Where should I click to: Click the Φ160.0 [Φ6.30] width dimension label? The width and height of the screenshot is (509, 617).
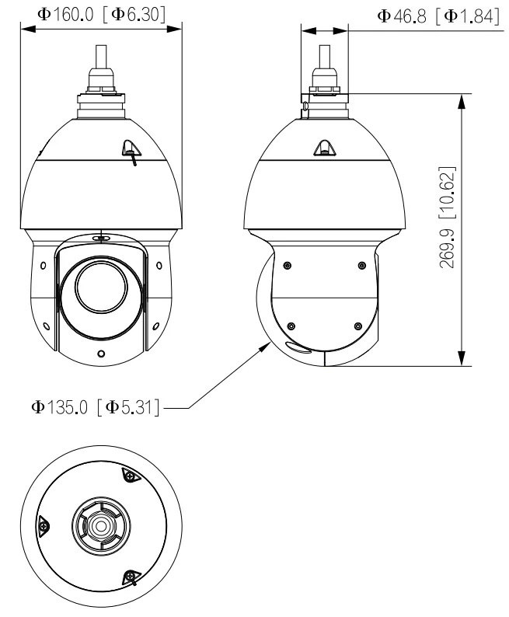point(100,14)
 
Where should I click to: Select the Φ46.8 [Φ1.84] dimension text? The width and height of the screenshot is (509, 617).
point(438,16)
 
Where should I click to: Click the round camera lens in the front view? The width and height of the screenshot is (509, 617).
point(100,287)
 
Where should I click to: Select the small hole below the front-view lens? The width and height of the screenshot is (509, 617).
point(100,354)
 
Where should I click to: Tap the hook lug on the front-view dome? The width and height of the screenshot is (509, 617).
point(131,148)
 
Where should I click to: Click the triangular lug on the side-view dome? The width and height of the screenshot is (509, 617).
point(323,146)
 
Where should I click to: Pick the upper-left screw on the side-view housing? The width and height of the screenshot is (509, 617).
point(288,266)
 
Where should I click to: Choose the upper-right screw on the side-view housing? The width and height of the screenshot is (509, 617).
point(361,266)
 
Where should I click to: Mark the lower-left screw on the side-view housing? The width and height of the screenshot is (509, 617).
point(292,326)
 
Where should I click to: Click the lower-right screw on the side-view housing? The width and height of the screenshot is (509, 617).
point(357,326)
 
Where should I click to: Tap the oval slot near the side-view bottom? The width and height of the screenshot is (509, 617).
point(296,349)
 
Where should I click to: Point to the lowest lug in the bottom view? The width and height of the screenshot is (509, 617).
point(128,576)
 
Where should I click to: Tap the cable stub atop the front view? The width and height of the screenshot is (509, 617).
point(100,58)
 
